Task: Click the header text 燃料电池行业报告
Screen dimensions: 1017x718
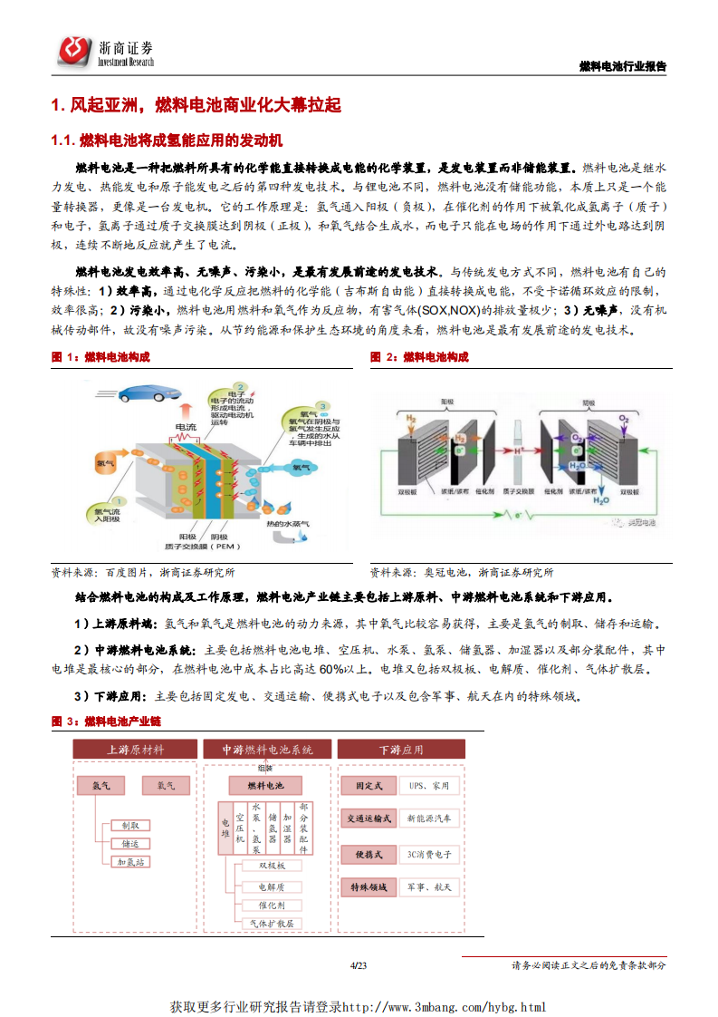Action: coord(622,66)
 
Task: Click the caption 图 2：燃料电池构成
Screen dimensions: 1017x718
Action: coord(419,357)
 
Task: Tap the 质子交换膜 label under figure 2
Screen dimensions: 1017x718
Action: coord(519,491)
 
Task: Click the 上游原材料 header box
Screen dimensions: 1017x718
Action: coord(135,750)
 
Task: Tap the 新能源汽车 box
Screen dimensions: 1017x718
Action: coord(428,818)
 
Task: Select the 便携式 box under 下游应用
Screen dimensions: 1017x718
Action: coord(368,855)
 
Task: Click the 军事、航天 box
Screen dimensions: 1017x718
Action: coord(428,887)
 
